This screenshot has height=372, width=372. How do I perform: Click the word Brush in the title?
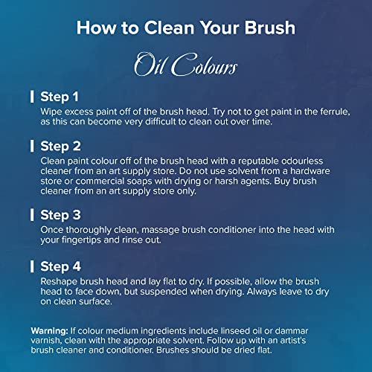pos(270,28)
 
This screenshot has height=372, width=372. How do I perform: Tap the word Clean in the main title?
pos(169,28)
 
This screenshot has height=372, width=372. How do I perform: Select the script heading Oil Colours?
pos(186,64)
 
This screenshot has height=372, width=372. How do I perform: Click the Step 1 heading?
pos(60,97)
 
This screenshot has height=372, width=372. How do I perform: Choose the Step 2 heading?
pos(60,146)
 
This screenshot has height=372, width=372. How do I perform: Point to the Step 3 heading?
pos(60,215)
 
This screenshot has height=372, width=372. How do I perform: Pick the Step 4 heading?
pos(60,266)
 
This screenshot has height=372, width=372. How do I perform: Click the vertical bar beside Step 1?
pos(32,97)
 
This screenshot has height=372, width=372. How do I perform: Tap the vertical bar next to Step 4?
pos(32,266)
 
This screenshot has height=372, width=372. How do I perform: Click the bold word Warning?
pos(49,331)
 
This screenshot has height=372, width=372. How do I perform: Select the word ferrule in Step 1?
pos(335,112)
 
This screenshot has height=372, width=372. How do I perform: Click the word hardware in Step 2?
pos(310,171)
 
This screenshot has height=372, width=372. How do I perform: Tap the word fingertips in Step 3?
pos(81,240)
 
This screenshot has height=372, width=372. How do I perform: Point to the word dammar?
pos(292,331)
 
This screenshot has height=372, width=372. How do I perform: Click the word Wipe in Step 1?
pos(49,112)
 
